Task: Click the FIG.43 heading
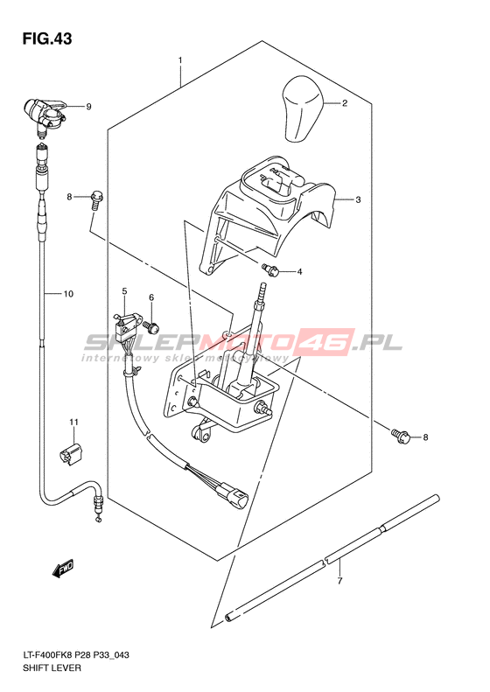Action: point(47,38)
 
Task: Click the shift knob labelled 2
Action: point(303,109)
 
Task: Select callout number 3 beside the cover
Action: point(358,200)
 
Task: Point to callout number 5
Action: point(124,291)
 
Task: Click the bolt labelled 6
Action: point(151,326)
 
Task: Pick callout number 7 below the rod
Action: point(339,581)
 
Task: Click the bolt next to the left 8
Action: point(97,201)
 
